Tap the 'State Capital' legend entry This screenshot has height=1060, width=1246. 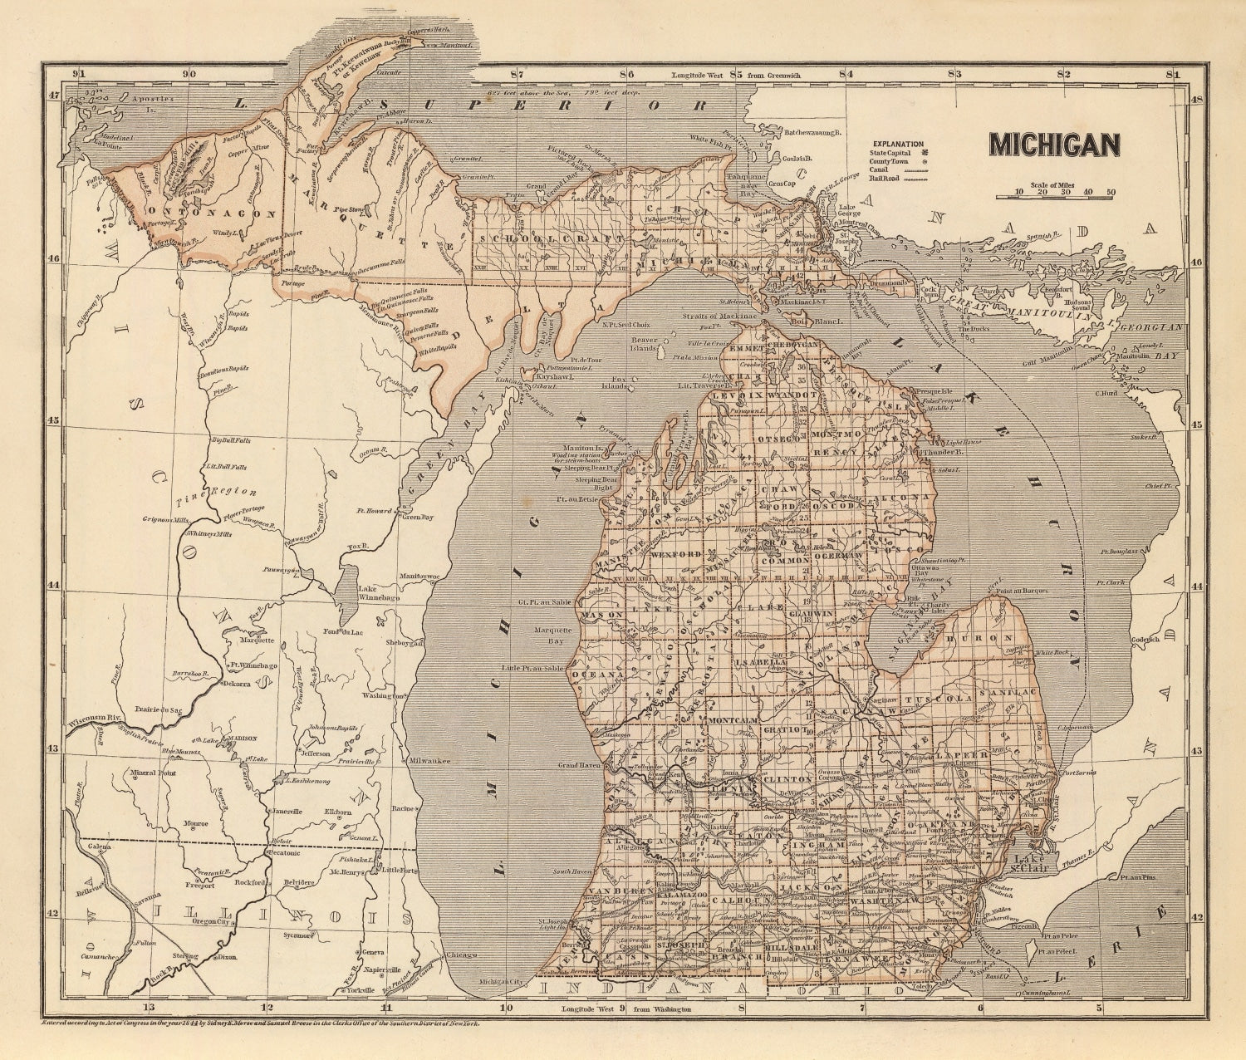(x=892, y=153)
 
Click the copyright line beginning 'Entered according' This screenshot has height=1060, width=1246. (x=260, y=1026)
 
